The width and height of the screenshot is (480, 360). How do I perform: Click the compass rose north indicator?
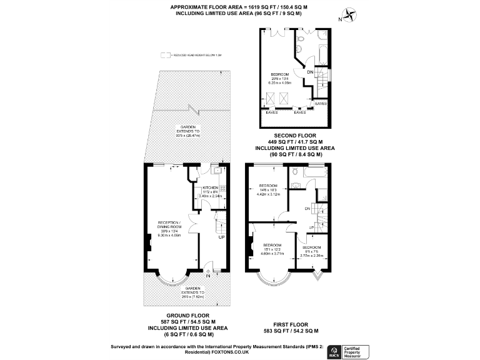coord(349,14)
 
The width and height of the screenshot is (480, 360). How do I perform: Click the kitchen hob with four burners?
coord(221,187)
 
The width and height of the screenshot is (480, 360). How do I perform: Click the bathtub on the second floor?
coord(322,53)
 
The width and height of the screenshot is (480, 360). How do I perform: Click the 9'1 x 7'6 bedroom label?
coord(310,251)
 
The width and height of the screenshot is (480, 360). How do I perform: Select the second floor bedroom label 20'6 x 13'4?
coord(281,77)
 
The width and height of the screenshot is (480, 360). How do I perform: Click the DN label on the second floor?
coord(310,73)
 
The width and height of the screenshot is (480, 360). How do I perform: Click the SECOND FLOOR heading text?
coord(295,135)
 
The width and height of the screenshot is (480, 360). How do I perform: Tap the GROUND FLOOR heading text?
coord(187,316)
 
